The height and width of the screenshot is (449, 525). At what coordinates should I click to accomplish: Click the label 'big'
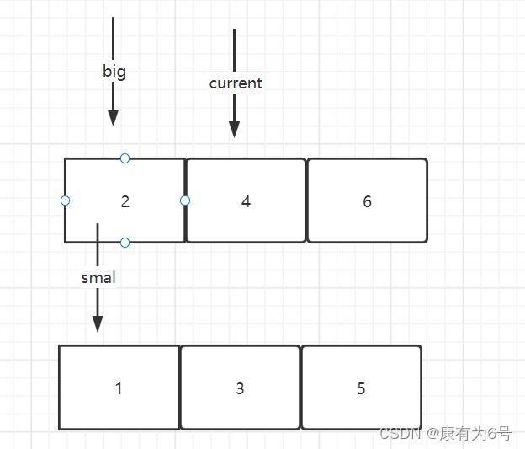[x=114, y=71]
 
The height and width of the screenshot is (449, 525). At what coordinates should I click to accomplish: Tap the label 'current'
[x=236, y=83]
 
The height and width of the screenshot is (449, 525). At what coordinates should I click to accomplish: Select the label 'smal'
[x=98, y=277]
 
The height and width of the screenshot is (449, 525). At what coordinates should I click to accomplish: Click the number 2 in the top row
[x=125, y=201]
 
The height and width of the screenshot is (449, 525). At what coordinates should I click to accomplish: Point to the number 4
[x=246, y=201]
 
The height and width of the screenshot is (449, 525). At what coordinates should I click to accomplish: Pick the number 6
[x=367, y=201]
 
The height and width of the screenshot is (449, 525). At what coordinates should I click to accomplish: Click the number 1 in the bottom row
[x=119, y=388]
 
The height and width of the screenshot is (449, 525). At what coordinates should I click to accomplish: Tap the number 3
[x=240, y=388]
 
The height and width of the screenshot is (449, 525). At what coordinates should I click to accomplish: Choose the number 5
[x=361, y=388]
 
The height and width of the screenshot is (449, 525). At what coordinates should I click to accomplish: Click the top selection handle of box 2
[x=125, y=158]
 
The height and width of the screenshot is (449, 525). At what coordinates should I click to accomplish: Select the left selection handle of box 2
[x=65, y=200]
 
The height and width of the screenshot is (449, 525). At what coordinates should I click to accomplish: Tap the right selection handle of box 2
[x=185, y=200]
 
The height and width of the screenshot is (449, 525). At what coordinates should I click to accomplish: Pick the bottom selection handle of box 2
[x=125, y=243]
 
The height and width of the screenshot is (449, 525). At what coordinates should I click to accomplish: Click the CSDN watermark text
[x=445, y=434]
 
